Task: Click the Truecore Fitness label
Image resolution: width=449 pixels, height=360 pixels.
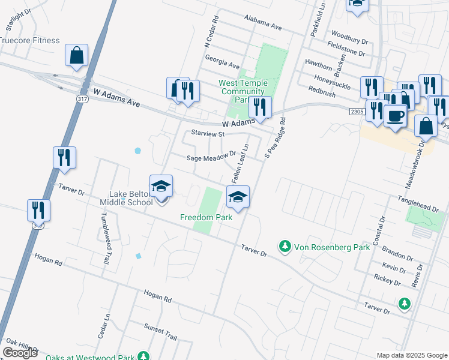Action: click(30, 40)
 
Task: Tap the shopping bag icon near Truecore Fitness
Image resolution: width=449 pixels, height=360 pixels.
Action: click(77, 56)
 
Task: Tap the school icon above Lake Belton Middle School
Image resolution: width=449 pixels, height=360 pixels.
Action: click(161, 186)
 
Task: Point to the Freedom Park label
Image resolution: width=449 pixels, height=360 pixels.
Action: click(206, 217)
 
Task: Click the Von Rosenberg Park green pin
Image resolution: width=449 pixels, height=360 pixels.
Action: click(285, 246)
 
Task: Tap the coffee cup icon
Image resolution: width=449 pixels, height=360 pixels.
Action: click(395, 115)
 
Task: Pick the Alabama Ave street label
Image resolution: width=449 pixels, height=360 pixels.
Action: click(262, 24)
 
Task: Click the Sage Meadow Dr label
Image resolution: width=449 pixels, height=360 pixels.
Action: click(209, 157)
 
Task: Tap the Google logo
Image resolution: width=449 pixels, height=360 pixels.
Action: click(20, 353)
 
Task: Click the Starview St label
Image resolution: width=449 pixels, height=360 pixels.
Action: click(207, 134)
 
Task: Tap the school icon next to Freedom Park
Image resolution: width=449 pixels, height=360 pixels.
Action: click(238, 197)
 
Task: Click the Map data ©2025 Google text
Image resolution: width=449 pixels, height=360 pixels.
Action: click(411, 355)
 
